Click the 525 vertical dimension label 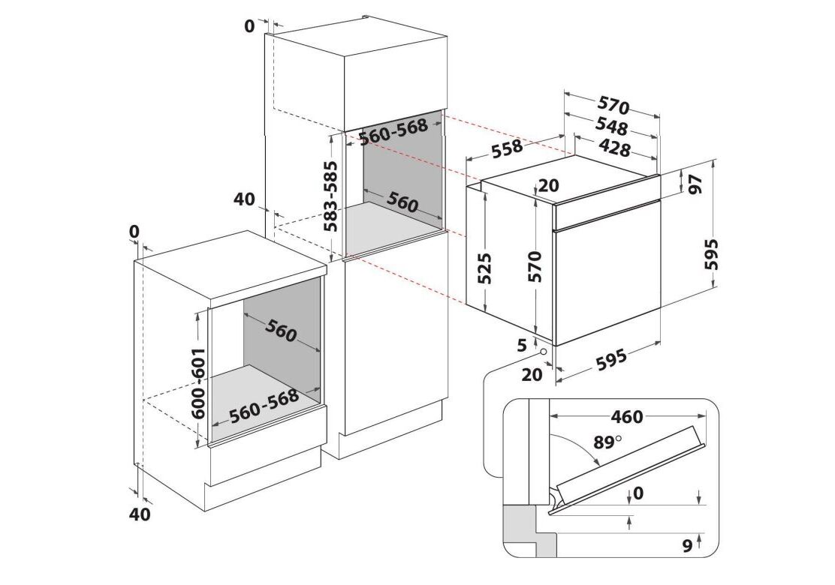(x=485, y=267)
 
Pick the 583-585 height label (x=330, y=196)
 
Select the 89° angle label (x=607, y=442)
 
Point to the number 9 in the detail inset (x=686, y=547)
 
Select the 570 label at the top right (x=613, y=106)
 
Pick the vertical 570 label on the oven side (x=535, y=266)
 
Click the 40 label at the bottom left (x=140, y=514)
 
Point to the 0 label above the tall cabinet (x=250, y=25)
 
